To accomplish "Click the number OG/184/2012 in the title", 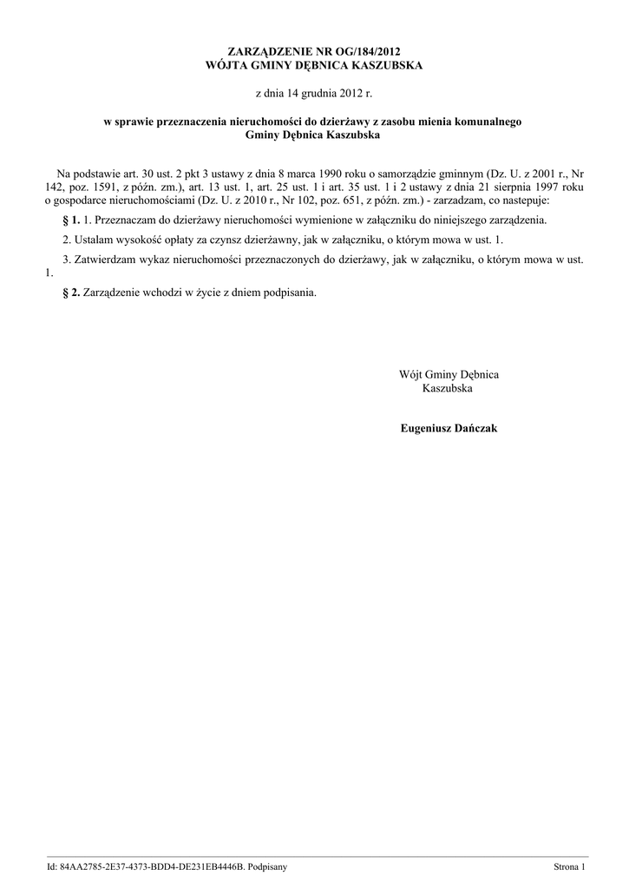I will [364, 52].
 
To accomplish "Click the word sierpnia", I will [510, 187].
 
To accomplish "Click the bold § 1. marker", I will [72, 221].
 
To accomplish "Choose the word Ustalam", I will [93, 239].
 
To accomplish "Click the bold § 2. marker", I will [72, 292].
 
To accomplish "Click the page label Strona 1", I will [570, 867].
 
